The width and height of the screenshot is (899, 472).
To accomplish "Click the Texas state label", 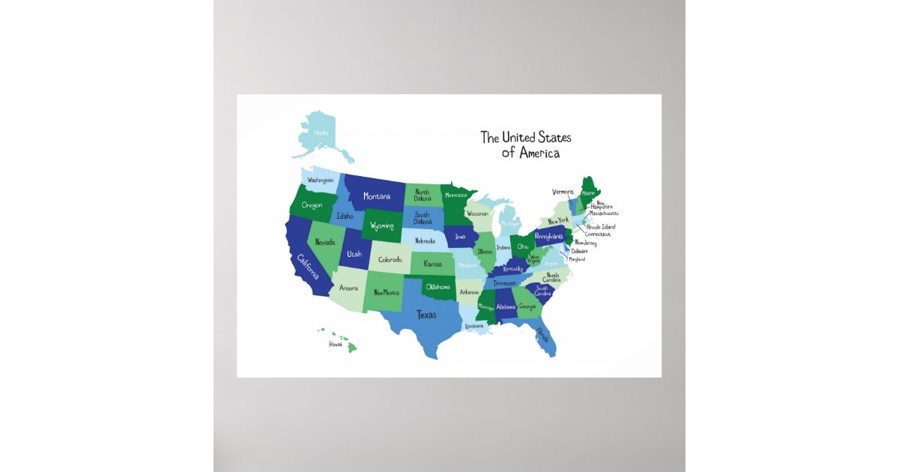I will pyautogui.click(x=426, y=315).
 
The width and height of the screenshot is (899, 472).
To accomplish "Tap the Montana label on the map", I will pyautogui.click(x=377, y=196).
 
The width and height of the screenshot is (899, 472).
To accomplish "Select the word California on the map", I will pyautogui.click(x=308, y=265).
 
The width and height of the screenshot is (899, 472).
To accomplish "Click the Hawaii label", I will pyautogui.click(x=335, y=345).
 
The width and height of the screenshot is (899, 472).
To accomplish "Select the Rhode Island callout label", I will pyautogui.click(x=601, y=226).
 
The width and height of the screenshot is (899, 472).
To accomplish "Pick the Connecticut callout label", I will pyautogui.click(x=598, y=234).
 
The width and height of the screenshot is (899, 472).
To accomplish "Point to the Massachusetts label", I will pyautogui.click(x=604, y=213).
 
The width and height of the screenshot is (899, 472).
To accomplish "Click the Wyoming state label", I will pyautogui.click(x=381, y=226).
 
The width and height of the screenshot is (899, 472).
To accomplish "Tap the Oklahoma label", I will pyautogui.click(x=438, y=287).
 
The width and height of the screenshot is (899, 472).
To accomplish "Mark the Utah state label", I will pyautogui.click(x=354, y=254).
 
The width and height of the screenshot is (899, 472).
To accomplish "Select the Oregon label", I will pyautogui.click(x=312, y=205).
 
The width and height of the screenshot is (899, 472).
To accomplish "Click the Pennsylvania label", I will pyautogui.click(x=549, y=236).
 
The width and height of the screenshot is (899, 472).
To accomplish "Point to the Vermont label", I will pyautogui.click(x=563, y=192).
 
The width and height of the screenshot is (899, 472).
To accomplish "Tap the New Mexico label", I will pyautogui.click(x=387, y=292).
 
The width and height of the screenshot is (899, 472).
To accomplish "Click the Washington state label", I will pyautogui.click(x=320, y=180).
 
